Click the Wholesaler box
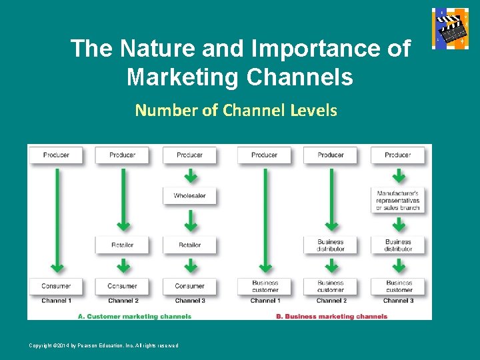pos(190,196)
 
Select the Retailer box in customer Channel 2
pos(123,245)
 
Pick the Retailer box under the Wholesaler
pos(190,245)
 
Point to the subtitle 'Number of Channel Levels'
pos(236,110)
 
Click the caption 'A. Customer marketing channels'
pos(135,317)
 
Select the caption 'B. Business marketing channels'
pos(331,317)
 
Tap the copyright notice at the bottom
pos(103,345)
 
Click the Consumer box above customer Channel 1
pos(56,286)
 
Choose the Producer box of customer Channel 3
pos(190,155)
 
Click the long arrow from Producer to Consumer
pos(57,220)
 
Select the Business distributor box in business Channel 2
pos(331,245)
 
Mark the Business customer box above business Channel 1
pos(265,286)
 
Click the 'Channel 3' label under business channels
pos(399,301)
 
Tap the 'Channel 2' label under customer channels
pos(123,301)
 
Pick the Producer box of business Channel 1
pos(265,155)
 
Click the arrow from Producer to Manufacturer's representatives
pos(399,176)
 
